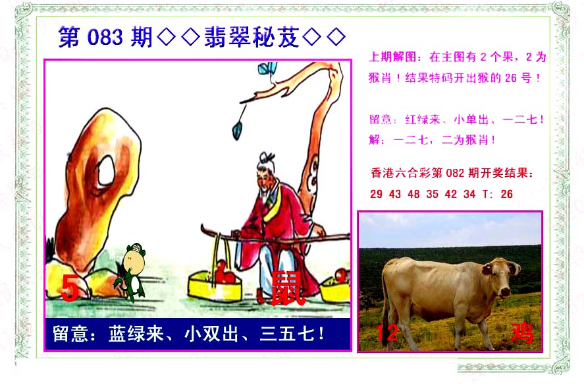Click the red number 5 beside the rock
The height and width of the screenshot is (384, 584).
tap(70, 288)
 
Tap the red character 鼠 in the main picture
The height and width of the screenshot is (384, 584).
tap(287, 288)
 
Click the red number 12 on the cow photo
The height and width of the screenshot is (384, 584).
tap(387, 333)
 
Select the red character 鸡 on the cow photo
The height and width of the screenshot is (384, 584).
tap(522, 332)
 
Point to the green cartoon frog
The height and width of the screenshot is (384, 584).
tap(132, 271)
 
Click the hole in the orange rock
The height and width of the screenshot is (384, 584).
tap(107, 171)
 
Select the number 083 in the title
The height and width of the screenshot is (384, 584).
tap(105, 38)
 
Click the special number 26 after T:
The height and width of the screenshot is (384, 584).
tap(506, 194)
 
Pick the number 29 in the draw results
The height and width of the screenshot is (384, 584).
tap(376, 194)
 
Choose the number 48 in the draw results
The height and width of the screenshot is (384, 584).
tap(413, 194)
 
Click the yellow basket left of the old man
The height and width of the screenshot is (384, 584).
tap(215, 285)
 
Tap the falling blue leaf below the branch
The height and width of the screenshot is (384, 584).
tap(238, 129)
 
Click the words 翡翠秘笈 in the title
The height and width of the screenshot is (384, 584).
tap(252, 37)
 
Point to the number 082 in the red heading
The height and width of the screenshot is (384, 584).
tap(455, 173)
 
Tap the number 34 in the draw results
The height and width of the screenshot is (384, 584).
tap(469, 194)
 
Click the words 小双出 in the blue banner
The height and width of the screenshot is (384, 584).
tap(211, 333)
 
